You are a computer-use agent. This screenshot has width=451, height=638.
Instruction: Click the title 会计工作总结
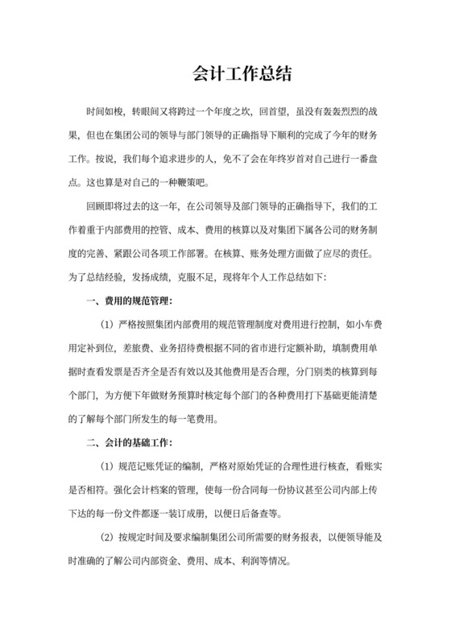[225, 74]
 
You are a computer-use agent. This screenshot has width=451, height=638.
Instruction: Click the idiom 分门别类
[310, 362]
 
